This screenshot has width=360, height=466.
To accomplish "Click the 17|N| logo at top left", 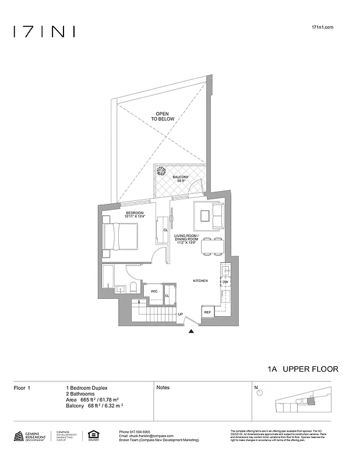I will coord(44,31).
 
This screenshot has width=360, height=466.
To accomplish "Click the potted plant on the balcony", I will coord(161,170).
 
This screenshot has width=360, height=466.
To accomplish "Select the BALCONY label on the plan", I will coord(180,178).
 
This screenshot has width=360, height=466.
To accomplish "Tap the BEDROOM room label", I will coord(135,215).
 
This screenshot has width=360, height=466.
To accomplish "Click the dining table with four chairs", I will coord(212,247).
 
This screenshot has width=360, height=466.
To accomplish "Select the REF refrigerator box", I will coord(207,313).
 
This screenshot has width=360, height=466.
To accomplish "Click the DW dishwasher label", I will coord(225,282).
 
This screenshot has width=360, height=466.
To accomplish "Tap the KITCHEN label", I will coord(200,281).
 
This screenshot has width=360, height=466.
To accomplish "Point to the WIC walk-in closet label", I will coord(154,291).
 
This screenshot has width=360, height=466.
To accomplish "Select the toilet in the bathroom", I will coord(133,287).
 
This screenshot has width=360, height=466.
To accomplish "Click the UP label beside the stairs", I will coord(180,315).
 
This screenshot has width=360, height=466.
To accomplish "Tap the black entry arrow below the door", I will coord(192,331).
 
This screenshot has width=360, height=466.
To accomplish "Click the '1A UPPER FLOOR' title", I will coord(302,369).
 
